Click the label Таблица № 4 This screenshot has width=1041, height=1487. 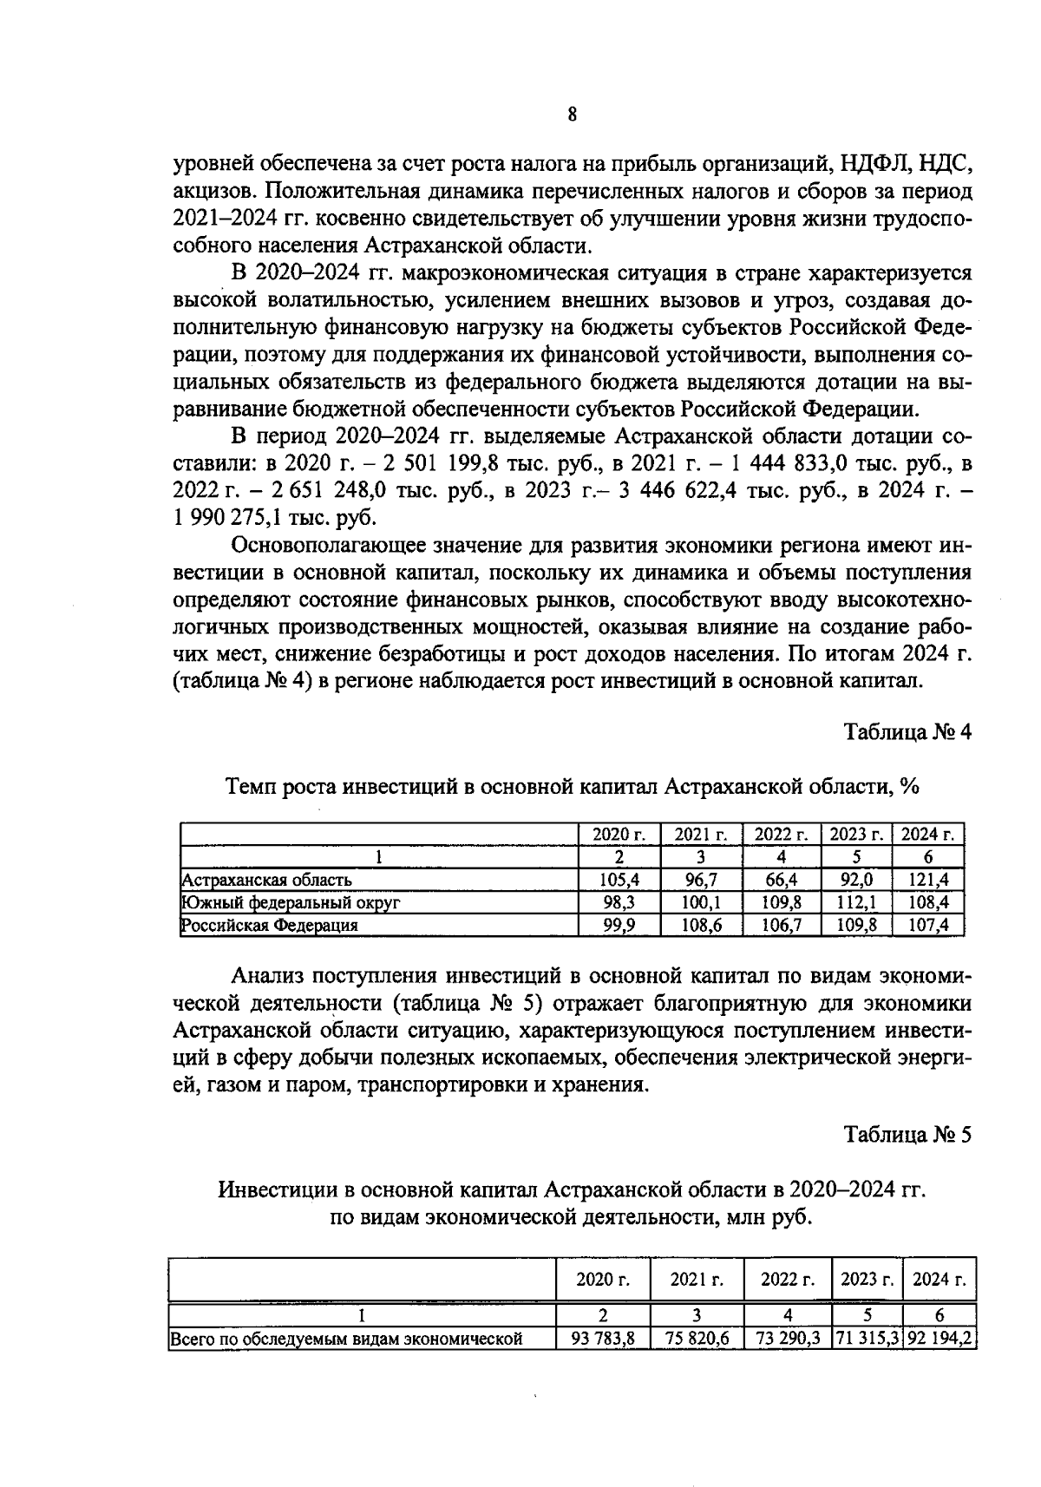tap(908, 731)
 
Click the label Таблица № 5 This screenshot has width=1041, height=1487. tap(908, 1134)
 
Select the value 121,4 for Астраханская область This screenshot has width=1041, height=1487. tap(928, 880)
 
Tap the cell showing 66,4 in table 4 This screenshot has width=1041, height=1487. tap(781, 880)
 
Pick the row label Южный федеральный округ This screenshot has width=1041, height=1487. tap(291, 902)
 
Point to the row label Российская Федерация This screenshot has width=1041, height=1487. tap(270, 925)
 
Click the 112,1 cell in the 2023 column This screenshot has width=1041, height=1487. tap(855, 902)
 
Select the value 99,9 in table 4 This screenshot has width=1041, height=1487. tap(619, 925)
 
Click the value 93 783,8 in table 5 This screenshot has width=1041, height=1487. tap(603, 1339)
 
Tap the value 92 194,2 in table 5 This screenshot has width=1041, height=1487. tap(940, 1339)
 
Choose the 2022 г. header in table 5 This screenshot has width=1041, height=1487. tap(788, 1280)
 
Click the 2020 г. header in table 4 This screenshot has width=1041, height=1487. tap(619, 835)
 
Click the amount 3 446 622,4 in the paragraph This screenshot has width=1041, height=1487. tap(674, 489)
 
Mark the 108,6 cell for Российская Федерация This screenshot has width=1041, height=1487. tap(702, 925)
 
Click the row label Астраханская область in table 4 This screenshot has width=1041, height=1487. tap(266, 880)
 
